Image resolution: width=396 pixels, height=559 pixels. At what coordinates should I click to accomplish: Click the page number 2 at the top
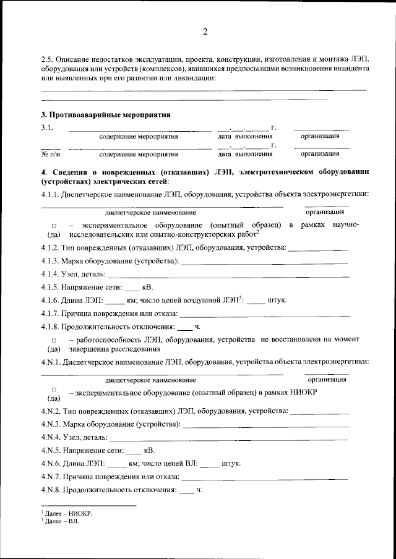coord(205,32)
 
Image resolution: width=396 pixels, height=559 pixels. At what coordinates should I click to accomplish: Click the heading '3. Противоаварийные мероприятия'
coord(105,114)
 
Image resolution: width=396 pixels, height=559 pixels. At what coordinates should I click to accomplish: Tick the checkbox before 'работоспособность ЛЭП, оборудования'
coord(54,340)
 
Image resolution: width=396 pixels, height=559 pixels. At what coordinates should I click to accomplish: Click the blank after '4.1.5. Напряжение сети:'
coord(132,288)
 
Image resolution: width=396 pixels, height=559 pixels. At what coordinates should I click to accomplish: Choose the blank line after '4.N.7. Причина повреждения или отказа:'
coord(265,477)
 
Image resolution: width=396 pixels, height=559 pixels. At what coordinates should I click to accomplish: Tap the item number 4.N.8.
coord(53,490)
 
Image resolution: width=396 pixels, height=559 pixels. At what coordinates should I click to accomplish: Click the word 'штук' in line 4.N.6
coord(231,463)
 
